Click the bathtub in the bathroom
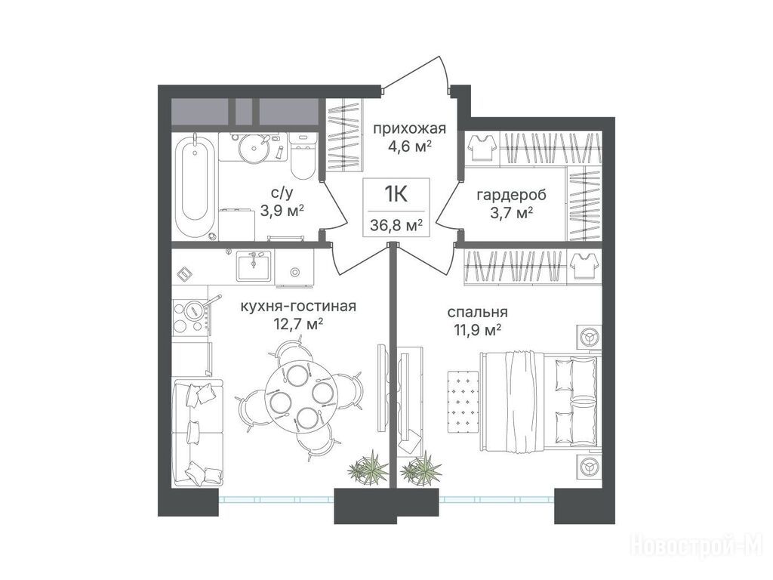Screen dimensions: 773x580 [196, 187]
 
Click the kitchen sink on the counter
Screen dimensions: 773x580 [254, 265]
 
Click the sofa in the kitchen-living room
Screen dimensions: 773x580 [198, 431]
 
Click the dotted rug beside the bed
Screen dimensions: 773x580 [463, 401]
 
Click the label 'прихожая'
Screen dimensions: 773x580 [409, 129]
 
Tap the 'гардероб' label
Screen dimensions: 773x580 [512, 196]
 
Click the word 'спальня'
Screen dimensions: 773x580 [478, 312]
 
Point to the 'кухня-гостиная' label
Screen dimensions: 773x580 [297, 307]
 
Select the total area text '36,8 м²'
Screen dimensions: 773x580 [396, 227]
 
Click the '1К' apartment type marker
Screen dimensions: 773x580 [396, 195]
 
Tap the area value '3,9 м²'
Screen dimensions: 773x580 [282, 211]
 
